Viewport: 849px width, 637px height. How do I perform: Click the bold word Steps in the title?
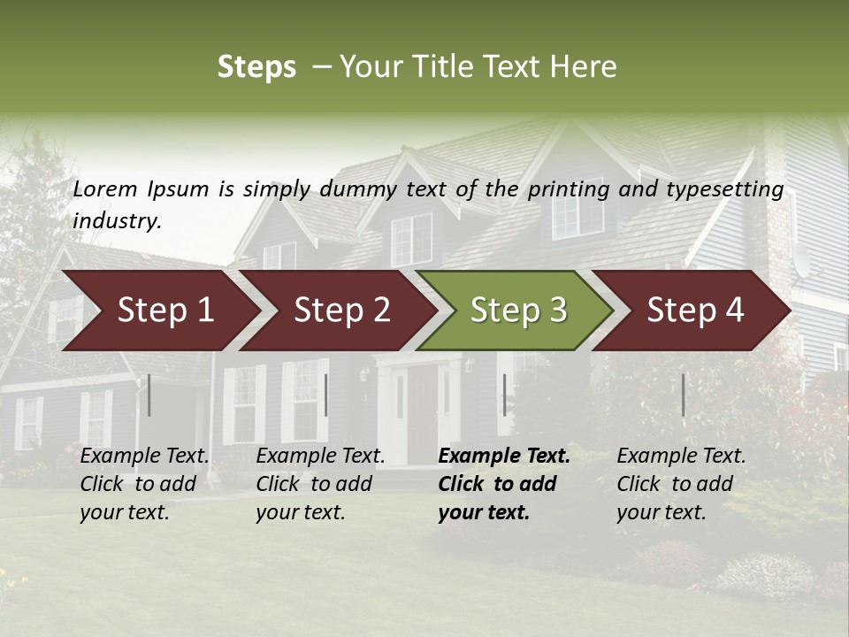[x=256, y=67]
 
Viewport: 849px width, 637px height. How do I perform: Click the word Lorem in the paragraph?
[x=105, y=188]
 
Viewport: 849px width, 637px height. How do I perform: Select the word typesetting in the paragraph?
[x=724, y=189]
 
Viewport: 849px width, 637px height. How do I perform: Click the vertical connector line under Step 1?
[x=149, y=395]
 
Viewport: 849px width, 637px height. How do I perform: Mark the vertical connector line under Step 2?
[x=326, y=395]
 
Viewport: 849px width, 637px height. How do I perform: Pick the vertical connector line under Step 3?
[x=504, y=395]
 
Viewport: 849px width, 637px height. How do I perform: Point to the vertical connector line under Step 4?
[x=683, y=395]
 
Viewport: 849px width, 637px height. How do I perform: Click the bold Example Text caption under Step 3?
[x=503, y=483]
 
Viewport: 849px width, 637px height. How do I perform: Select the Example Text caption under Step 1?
[x=144, y=483]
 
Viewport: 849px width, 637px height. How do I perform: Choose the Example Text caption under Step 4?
[x=681, y=483]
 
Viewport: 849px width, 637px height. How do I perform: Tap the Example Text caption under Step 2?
[x=320, y=483]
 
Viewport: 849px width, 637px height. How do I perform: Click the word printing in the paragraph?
[x=562, y=189]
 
